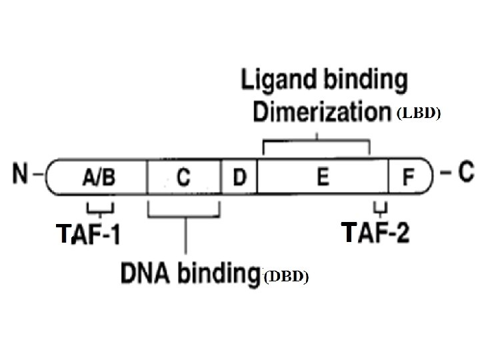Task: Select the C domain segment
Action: pyautogui.click(x=183, y=177)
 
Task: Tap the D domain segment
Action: pyautogui.click(x=239, y=177)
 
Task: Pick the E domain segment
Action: pyautogui.click(x=323, y=177)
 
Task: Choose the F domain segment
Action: pyautogui.click(x=408, y=177)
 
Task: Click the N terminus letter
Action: pyautogui.click(x=22, y=174)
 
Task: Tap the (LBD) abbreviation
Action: pyautogui.click(x=419, y=114)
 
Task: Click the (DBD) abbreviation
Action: pyautogui.click(x=285, y=277)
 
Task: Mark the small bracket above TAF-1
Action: pyautogui.click(x=101, y=209)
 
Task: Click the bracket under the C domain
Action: pyautogui.click(x=184, y=215)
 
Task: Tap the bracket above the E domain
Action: pyautogui.click(x=316, y=142)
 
